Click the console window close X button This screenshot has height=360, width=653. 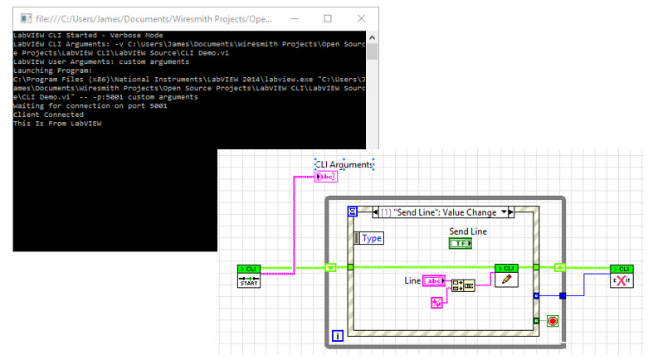(358, 17)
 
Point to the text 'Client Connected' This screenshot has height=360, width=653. (48, 114)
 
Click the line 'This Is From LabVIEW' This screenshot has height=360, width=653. (58, 123)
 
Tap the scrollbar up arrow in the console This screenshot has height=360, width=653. (372, 36)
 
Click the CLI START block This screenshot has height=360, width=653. (249, 276)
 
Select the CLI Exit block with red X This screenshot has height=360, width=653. (621, 276)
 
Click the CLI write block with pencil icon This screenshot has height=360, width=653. (506, 276)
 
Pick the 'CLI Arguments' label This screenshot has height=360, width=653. (344, 164)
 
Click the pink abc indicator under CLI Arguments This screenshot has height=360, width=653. (326, 177)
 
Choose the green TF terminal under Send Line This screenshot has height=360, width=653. (459, 243)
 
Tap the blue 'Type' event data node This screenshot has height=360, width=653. (369, 238)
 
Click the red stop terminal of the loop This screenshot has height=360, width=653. (553, 320)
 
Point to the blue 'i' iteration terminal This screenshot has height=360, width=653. (338, 335)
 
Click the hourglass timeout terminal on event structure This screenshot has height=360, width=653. (351, 212)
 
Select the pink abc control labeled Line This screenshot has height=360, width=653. (434, 281)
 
